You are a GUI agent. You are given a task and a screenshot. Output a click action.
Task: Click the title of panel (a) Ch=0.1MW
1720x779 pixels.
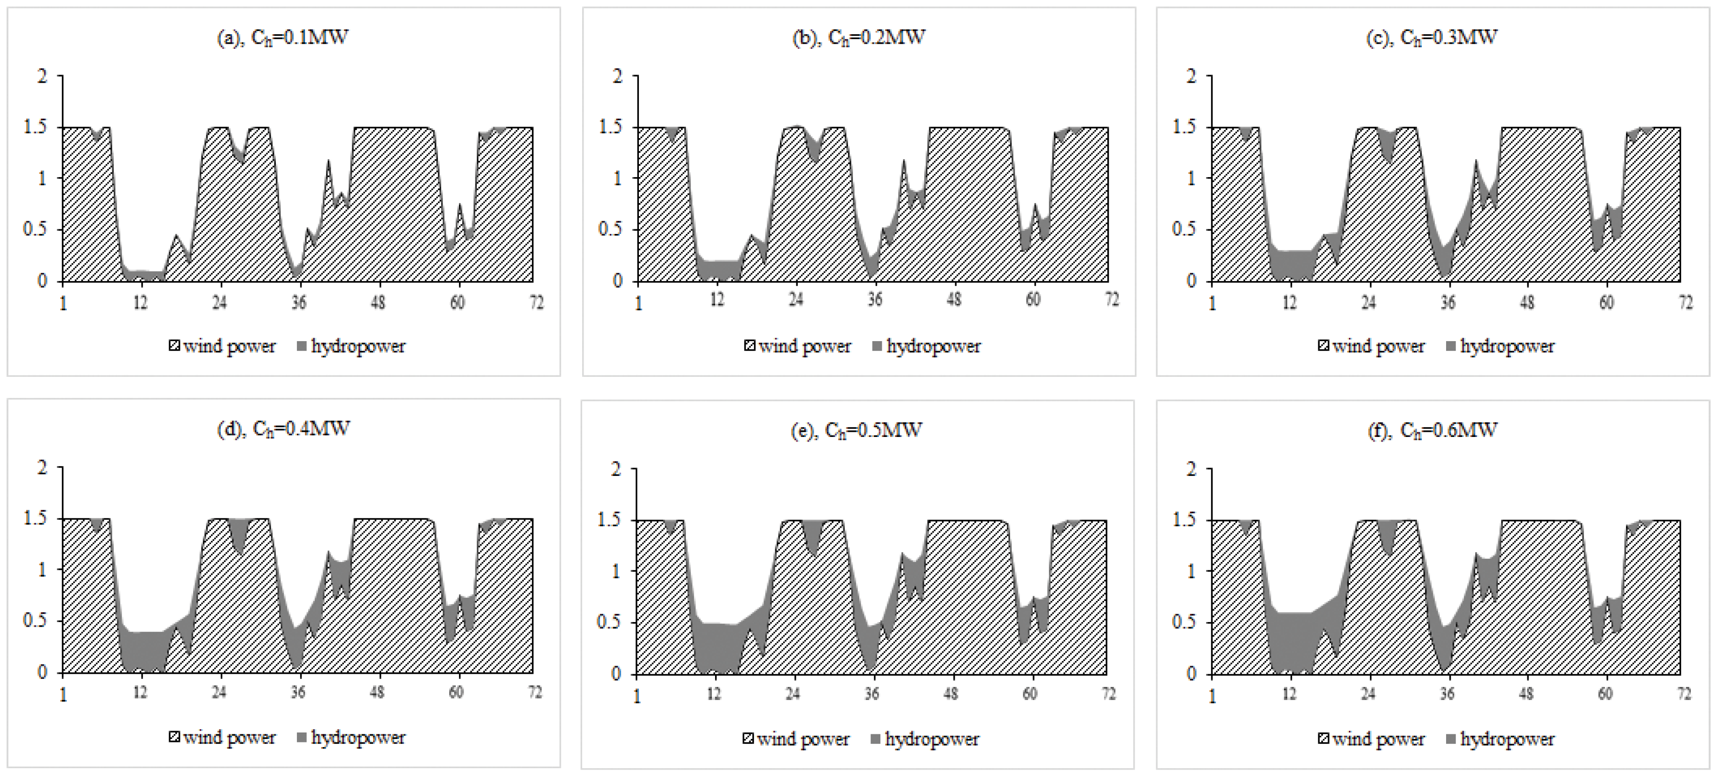[x=282, y=38]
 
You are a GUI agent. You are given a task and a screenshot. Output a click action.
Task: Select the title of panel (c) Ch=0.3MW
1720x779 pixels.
[x=1432, y=38]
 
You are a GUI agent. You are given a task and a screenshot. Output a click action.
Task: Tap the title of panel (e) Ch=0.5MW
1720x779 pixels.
[x=856, y=430]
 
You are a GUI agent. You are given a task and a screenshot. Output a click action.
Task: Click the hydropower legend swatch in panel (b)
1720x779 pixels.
[x=877, y=346]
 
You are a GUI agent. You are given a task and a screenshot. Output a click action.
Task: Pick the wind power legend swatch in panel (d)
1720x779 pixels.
[x=174, y=738]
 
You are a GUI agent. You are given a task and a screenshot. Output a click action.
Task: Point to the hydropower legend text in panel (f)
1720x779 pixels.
[x=1507, y=739]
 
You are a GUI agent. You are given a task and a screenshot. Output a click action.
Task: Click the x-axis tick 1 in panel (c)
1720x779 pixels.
[x=1213, y=304]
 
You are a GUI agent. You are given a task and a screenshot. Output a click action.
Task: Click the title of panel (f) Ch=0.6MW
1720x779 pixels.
[x=1432, y=430]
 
